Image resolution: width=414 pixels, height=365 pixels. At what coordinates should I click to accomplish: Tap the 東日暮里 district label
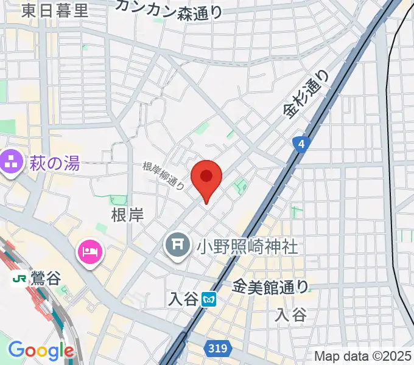pos(54,10)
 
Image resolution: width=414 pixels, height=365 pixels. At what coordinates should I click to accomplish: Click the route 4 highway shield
pos(301,144)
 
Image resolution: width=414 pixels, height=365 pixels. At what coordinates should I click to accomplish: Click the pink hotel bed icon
pos(89,251)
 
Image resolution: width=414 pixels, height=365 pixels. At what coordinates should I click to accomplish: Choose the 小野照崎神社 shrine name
pos(246,246)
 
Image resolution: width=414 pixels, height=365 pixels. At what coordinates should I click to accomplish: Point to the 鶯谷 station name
pos(45,279)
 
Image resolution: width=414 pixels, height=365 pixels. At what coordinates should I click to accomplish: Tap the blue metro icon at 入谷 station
pos(209,299)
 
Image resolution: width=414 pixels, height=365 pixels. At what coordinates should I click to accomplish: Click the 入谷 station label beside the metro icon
pos(183,299)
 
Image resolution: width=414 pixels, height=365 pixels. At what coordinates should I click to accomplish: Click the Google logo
pos(40,350)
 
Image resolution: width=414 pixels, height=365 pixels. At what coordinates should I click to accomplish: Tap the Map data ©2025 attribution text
pos(362,356)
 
